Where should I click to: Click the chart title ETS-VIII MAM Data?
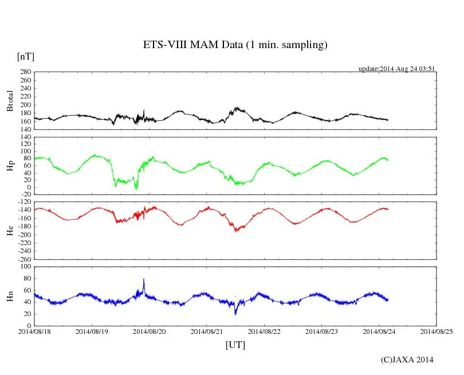[235, 45]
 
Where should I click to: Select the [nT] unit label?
[26, 57]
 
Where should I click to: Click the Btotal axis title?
[10, 101]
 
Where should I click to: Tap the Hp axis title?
[10, 167]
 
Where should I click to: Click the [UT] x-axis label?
[235, 345]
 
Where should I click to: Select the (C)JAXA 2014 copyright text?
[407, 360]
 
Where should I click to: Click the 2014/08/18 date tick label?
[34, 331]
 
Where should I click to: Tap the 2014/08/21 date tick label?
[207, 331]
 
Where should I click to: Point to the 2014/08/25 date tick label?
[437, 331]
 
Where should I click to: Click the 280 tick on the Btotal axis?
[25, 72]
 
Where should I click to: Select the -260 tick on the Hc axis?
[23, 259]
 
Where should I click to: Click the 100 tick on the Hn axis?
[25, 267]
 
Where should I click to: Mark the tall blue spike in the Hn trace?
[144, 280]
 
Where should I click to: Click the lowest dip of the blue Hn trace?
[235, 313]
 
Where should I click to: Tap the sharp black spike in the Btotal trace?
[144, 110]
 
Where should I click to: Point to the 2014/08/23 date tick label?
[322, 331]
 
